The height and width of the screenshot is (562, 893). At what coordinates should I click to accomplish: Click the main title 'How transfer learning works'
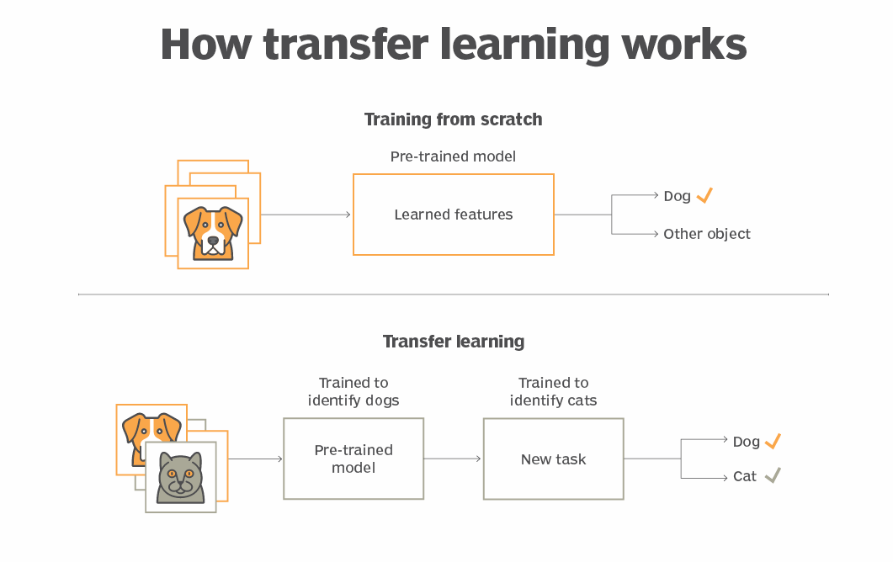[453, 44]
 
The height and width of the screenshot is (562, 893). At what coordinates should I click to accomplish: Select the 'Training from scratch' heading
[453, 119]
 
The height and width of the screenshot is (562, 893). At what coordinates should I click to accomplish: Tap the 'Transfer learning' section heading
[453, 342]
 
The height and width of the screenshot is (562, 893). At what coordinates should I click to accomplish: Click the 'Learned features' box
[453, 215]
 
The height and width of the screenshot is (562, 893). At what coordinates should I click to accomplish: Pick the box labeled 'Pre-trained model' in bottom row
[353, 459]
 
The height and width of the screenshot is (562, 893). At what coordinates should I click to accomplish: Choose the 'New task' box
[553, 459]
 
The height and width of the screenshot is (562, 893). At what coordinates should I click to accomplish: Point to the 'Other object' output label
[706, 234]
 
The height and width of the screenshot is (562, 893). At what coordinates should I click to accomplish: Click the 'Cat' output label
[745, 476]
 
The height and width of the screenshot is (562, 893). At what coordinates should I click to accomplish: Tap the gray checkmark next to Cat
[773, 475]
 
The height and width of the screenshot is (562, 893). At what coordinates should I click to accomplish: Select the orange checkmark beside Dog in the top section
[704, 195]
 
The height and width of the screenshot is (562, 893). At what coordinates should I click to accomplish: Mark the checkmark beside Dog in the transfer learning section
[773, 441]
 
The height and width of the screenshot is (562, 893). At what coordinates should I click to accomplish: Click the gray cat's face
[180, 476]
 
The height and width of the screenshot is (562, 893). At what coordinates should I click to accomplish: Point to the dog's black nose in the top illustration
[213, 240]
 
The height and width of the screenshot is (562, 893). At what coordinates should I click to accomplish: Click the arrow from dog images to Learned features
[306, 215]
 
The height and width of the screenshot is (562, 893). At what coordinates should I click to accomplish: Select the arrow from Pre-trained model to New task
[453, 459]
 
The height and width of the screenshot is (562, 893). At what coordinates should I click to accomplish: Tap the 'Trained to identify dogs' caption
[353, 391]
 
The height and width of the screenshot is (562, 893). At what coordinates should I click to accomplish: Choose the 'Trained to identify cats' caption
[553, 391]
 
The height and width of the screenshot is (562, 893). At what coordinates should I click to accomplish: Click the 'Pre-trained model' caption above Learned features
[453, 156]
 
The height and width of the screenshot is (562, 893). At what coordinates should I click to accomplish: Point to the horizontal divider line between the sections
[453, 294]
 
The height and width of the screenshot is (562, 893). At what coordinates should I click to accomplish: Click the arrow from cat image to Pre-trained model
[255, 459]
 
